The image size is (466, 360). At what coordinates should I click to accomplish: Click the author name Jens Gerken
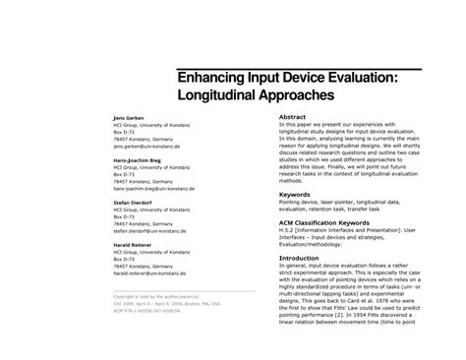(129, 117)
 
